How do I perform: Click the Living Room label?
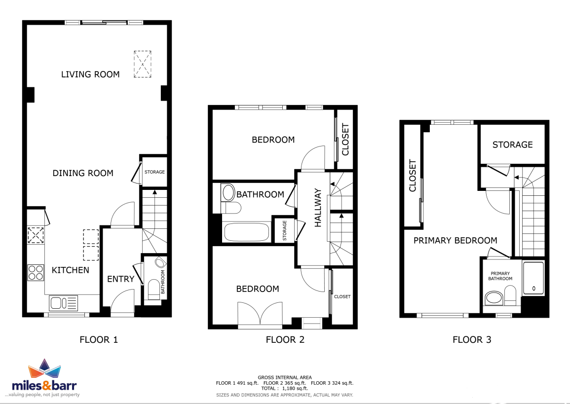pos(90,74)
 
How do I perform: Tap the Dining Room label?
pos(83,173)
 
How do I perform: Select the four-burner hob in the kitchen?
pos(36,272)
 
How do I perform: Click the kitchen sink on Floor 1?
pos(63,303)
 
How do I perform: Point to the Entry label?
pos(121,279)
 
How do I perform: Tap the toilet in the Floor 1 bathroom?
pos(154,290)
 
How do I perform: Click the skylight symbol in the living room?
pos(143,64)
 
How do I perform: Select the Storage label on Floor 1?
pos(154,172)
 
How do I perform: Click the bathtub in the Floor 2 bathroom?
pos(246,232)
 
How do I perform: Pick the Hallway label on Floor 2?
pos(318,208)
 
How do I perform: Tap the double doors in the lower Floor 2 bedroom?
pos(260,314)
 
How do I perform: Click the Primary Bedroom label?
pos(455,241)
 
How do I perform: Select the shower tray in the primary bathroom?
pos(533,278)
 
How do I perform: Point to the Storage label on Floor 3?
pos(513,145)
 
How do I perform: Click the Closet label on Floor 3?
pos(412,176)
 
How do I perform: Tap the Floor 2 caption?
pos(285,340)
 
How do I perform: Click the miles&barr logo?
pos(44,378)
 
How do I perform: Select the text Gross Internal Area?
pos(285,377)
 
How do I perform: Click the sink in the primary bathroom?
pos(494,298)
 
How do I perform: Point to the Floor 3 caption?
pos(472,340)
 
